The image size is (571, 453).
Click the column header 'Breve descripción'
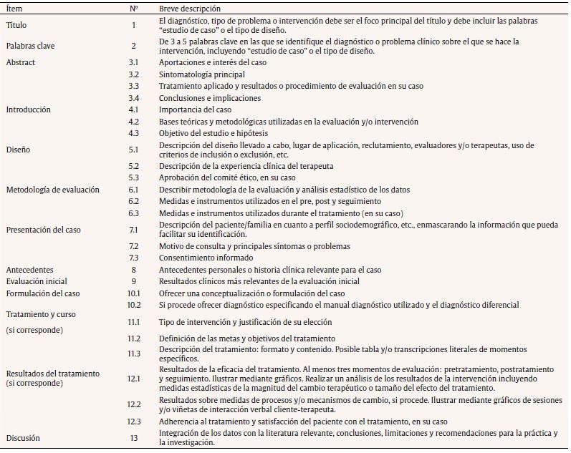tap(189, 9)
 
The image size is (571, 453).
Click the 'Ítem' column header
tap(14, 9)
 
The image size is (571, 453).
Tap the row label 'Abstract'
tap(20, 62)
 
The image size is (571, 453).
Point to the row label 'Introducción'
tap(28, 109)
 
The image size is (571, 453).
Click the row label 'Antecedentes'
tap(29, 270)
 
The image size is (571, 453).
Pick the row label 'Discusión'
tap(23, 437)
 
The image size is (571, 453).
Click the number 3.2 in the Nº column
tap(133, 74)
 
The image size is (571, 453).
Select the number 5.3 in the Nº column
tap(133, 177)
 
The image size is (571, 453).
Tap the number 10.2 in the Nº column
tap(133, 305)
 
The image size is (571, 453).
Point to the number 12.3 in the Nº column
tap(133, 422)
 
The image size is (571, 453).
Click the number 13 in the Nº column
tap(133, 437)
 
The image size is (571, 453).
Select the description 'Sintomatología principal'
tap(201, 74)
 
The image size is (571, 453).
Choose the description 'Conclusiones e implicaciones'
tap(210, 98)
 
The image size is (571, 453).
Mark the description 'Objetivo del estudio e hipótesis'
tap(215, 133)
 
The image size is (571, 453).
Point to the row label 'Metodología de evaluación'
tap(52, 190)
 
